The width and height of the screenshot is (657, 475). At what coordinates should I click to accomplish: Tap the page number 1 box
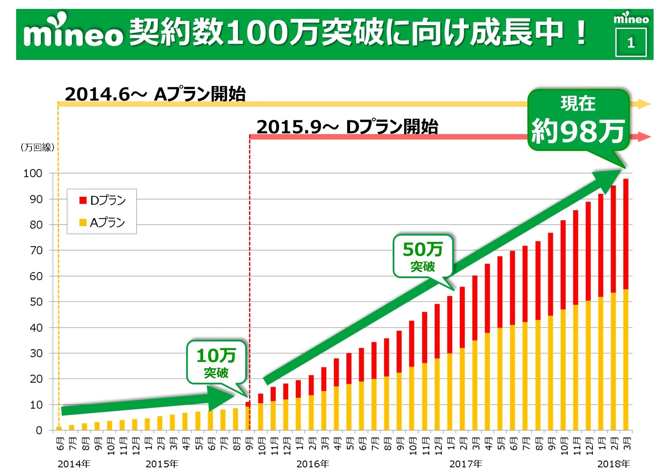pos(631,42)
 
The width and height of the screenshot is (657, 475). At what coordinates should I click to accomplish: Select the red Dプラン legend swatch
pos(83,200)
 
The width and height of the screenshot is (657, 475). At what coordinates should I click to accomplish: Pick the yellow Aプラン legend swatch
pos(83,222)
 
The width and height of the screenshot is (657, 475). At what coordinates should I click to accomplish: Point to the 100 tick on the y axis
pos(33,173)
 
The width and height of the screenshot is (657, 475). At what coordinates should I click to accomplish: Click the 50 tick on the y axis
pos(36,302)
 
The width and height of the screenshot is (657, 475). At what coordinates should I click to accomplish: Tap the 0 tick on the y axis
pos(39,430)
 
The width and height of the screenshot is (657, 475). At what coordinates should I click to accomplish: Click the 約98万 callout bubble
pos(578,120)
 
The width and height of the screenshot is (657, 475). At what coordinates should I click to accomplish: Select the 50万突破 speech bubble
pos(423,256)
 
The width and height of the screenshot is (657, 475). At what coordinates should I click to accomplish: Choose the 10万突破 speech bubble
pos(216,362)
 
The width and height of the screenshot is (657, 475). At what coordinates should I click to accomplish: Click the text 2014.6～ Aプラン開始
pos(155,94)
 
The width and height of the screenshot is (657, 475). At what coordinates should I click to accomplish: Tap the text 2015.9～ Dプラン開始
pos(347,127)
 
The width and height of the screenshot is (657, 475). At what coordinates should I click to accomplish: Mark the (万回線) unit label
pos(37,148)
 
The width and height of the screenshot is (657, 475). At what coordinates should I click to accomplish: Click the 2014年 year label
pos(74,464)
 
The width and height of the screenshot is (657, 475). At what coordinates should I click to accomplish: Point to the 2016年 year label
pos(313,464)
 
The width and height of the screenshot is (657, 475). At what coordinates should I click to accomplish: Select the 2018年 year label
pos(614,464)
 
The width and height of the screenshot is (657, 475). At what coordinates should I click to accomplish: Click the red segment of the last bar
pos(626,234)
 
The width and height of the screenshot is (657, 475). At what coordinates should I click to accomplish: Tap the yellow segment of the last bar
pos(626,359)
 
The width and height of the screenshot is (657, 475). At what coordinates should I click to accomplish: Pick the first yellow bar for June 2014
pos(59,428)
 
